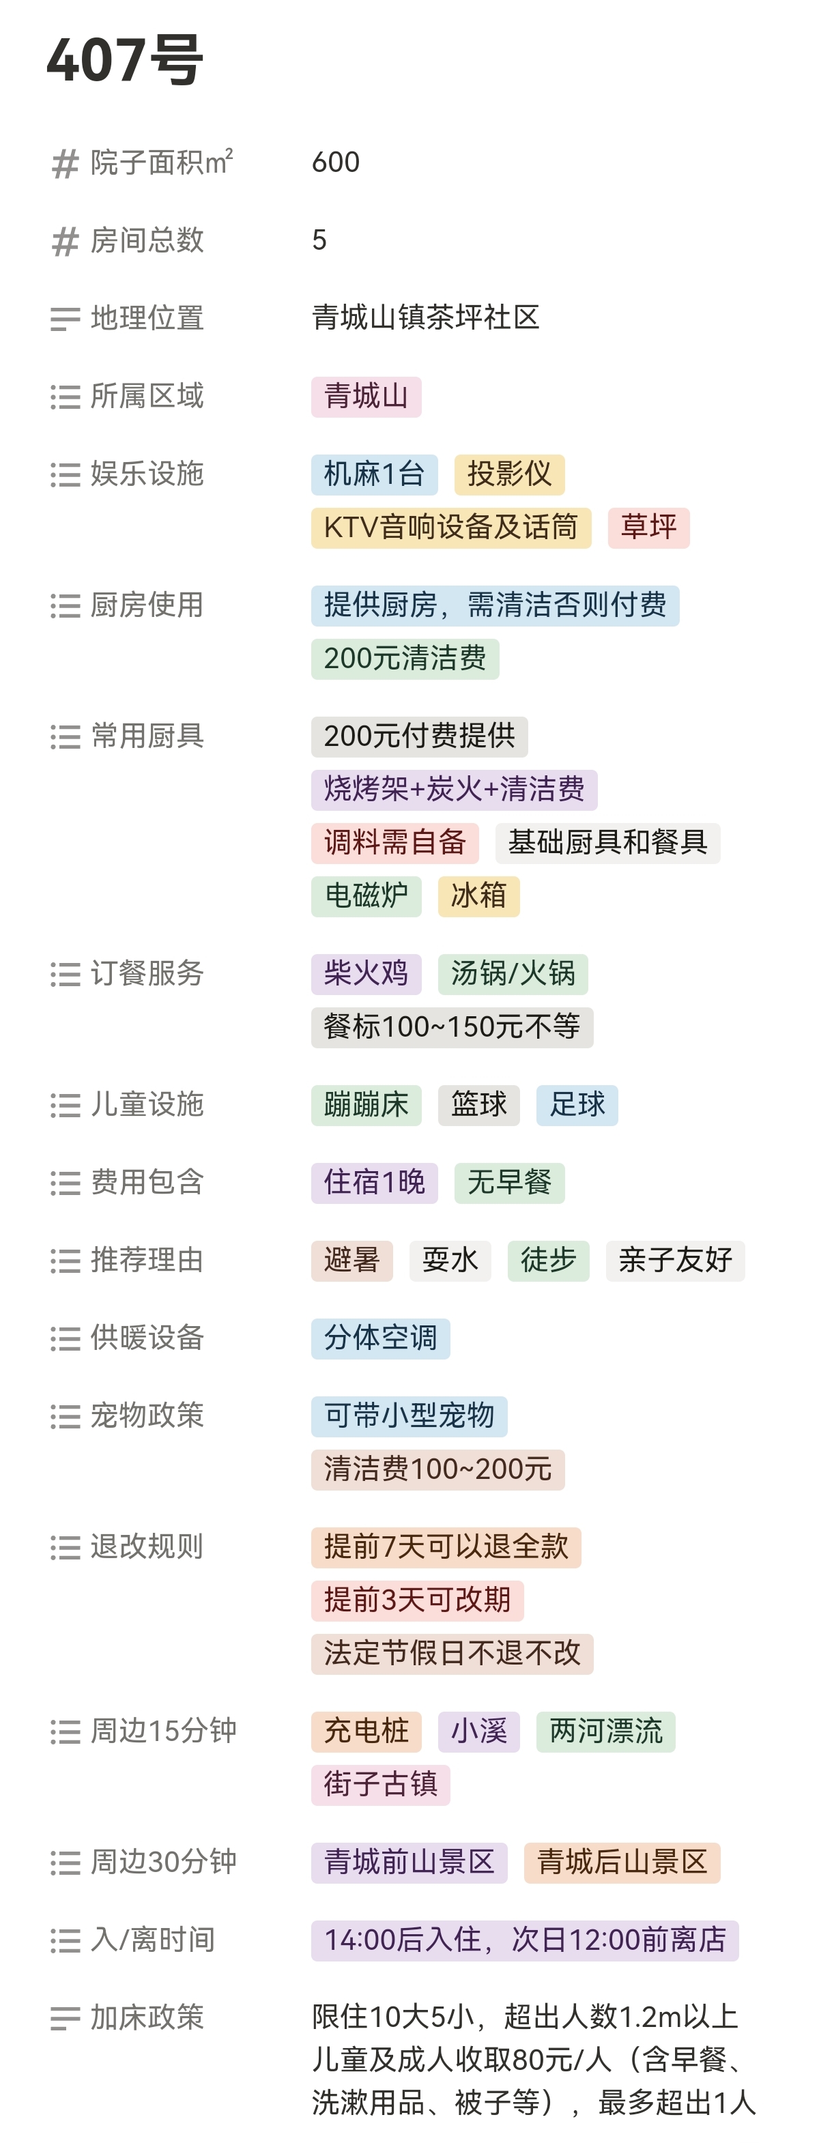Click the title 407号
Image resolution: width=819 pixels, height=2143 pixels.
click(x=125, y=60)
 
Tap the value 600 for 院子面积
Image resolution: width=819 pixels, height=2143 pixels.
click(x=335, y=162)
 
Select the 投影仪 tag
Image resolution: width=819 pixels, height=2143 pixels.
click(x=508, y=474)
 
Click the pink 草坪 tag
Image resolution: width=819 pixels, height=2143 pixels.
click(x=648, y=528)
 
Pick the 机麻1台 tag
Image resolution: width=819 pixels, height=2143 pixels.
click(x=374, y=474)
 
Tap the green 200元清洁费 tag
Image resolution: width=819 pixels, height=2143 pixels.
click(x=405, y=659)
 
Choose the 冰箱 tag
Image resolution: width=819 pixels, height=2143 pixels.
click(x=478, y=896)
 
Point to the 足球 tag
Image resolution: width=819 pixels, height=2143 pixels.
click(x=576, y=1105)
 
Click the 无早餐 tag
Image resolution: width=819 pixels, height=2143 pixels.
click(x=508, y=1182)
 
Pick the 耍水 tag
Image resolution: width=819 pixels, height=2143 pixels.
click(x=450, y=1261)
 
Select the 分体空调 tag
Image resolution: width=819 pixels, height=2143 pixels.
click(x=379, y=1338)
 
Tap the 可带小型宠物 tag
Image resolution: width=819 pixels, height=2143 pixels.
click(x=409, y=1416)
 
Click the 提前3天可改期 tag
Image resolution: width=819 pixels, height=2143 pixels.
click(x=417, y=1600)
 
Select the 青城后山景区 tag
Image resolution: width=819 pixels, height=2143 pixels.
click(x=621, y=1862)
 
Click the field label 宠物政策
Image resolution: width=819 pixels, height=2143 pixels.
click(x=147, y=1416)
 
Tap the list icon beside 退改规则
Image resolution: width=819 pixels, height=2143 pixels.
click(x=65, y=1547)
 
